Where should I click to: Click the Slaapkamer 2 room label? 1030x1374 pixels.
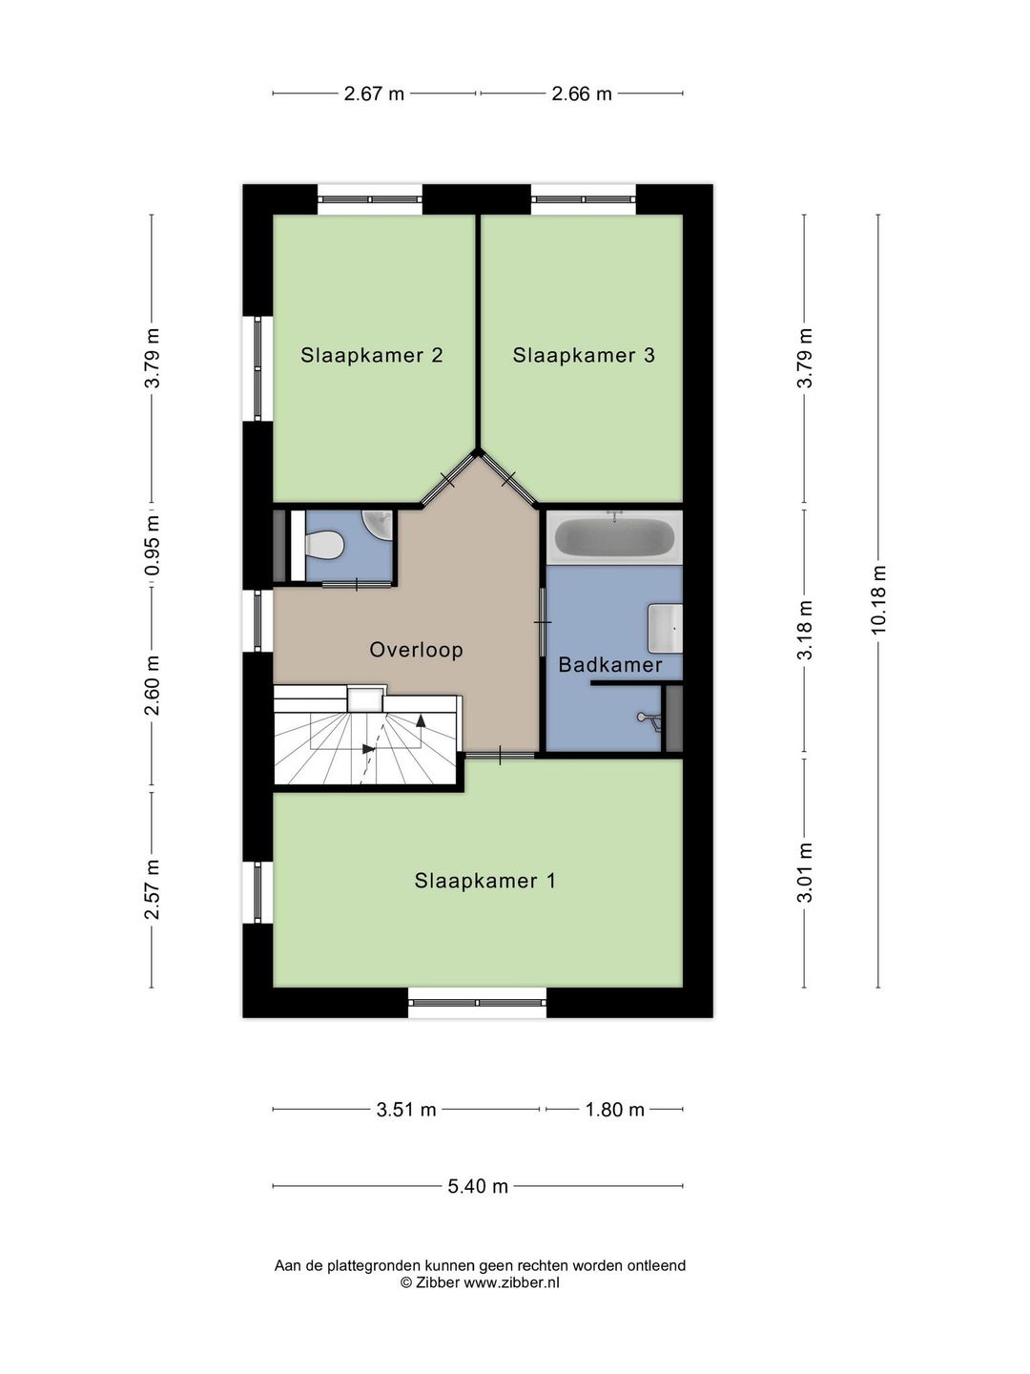tap(372, 356)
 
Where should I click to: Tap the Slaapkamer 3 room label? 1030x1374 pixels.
tap(584, 356)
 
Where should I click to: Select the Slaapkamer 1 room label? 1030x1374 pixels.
tap(484, 882)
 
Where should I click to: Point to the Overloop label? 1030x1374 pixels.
tap(416, 650)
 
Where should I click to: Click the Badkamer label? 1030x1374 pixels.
tap(609, 665)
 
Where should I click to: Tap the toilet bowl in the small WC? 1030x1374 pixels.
tap(324, 544)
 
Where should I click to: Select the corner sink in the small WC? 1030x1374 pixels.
tap(379, 525)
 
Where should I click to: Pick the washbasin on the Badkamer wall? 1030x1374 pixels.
tap(665, 627)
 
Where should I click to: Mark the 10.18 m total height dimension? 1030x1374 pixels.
tap(878, 600)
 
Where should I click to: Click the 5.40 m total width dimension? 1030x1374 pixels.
tap(478, 1186)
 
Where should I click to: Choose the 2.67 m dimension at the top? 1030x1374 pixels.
tap(374, 94)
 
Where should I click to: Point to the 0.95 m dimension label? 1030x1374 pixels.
tap(152, 546)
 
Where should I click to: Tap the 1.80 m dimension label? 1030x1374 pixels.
tap(614, 1110)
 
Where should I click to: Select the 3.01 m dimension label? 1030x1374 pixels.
tap(805, 872)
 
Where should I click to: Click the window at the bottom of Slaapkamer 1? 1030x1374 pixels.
tap(477, 1002)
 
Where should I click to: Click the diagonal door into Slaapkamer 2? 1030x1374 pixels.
tap(448, 481)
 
